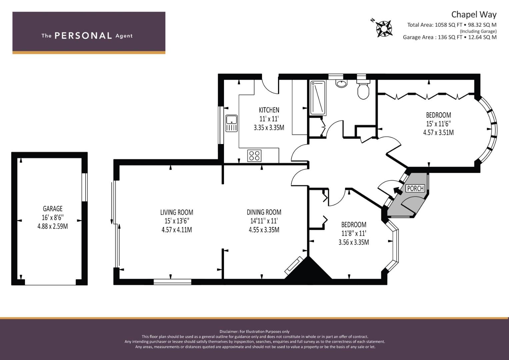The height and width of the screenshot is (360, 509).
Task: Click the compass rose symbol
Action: [384, 29]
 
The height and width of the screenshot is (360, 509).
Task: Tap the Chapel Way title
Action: [474, 15]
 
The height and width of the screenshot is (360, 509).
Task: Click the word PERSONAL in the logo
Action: [83, 36]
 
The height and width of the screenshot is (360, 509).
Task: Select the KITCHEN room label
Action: [269, 110]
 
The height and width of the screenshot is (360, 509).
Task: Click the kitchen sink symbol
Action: [232, 123]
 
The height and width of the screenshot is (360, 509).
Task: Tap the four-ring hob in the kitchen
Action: [254, 156]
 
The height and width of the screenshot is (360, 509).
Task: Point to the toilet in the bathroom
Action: [363, 89]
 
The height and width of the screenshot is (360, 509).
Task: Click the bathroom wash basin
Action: [342, 83]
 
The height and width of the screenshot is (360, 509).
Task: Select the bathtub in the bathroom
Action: [318, 98]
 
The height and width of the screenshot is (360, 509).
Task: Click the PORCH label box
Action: [415, 188]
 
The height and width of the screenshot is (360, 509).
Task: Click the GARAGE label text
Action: [52, 209]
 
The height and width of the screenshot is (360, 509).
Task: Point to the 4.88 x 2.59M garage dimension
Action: [52, 226]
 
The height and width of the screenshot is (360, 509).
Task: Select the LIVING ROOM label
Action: [177, 212]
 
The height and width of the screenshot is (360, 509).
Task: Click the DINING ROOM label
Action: [264, 212]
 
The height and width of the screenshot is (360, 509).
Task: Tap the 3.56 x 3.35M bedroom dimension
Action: [354, 242]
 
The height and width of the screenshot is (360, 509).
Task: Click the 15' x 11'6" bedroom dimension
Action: [439, 124]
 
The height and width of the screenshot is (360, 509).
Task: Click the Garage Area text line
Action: [450, 37]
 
